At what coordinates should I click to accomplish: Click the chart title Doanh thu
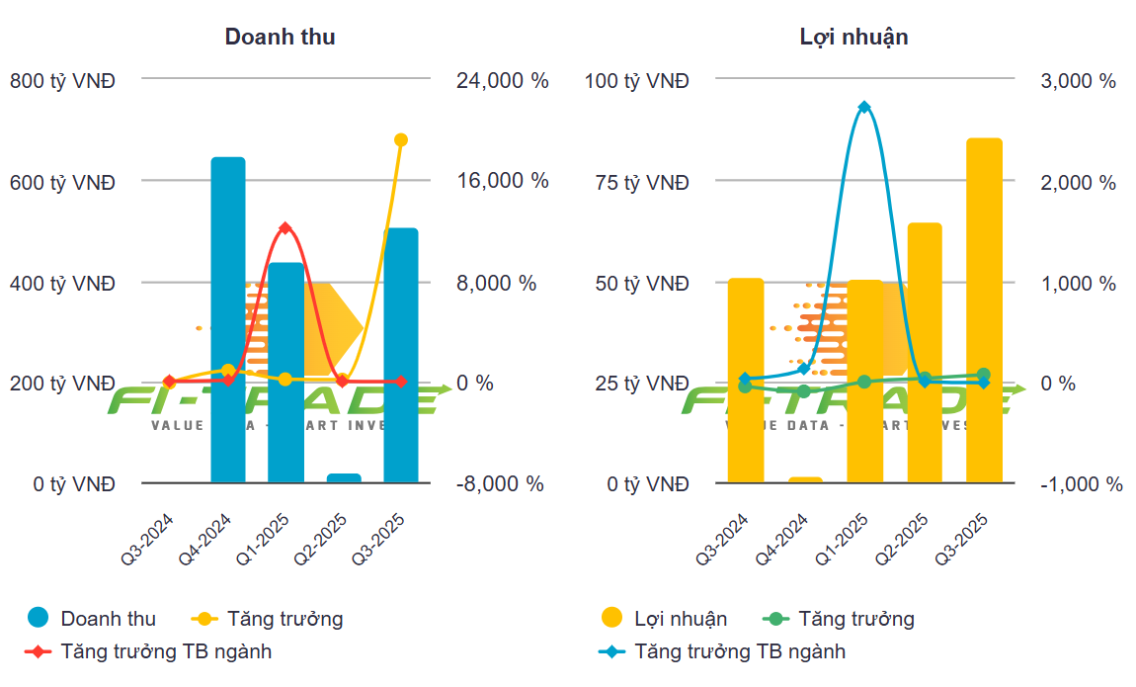[280, 38]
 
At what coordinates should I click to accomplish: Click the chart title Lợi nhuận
[853, 38]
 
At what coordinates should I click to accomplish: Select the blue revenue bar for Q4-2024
[228, 319]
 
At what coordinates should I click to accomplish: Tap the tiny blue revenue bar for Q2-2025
[343, 478]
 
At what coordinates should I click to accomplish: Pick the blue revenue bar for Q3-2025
[401, 356]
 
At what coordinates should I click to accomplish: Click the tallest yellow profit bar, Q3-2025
[984, 310]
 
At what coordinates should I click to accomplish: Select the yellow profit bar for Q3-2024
[746, 381]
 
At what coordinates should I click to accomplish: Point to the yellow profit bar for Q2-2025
[925, 353]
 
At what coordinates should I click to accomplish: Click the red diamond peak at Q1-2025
[285, 228]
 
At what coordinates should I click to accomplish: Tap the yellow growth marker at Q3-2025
[401, 140]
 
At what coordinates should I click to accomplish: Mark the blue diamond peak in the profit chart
[864, 107]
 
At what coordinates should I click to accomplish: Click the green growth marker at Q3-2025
[984, 375]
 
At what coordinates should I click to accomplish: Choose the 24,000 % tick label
[502, 81]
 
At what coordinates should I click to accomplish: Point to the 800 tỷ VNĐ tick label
[62, 81]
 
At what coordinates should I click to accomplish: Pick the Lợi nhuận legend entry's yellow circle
[612, 619]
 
